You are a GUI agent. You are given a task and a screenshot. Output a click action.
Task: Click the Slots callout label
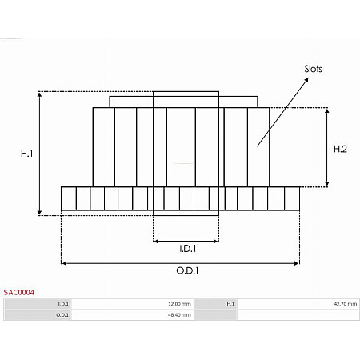[313, 69]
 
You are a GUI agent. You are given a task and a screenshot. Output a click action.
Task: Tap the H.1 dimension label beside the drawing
[26, 153]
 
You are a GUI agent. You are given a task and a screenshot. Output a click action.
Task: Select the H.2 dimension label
[339, 148]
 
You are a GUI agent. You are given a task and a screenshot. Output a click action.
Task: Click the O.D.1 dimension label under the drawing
[187, 270]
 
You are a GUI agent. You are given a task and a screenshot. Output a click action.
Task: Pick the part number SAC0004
[18, 293]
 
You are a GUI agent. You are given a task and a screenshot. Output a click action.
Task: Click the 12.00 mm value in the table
[179, 304]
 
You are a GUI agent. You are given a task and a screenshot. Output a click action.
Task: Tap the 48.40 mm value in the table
[179, 315]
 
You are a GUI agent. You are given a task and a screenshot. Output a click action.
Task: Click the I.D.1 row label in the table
[64, 304]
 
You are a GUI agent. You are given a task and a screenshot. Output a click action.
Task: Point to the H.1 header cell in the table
[230, 304]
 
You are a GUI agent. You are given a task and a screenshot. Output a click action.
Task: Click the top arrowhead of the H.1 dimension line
[40, 94]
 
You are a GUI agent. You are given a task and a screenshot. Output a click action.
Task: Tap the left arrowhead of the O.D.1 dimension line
[64, 262]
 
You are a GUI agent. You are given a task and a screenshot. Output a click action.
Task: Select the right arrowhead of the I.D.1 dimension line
[216, 239]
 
